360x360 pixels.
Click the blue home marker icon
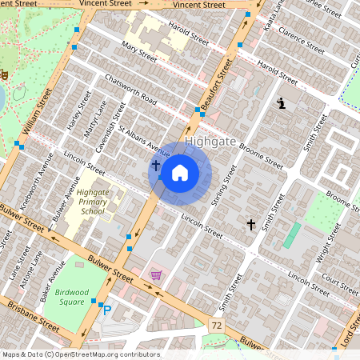point(180,172)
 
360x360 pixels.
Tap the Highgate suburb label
point(210,142)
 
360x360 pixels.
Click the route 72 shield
point(216,326)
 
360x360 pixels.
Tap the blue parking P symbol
point(106,310)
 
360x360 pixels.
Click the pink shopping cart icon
point(155,274)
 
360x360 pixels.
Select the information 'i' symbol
point(281,102)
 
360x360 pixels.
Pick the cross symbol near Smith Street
point(250,225)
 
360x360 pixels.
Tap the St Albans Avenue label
point(145,140)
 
